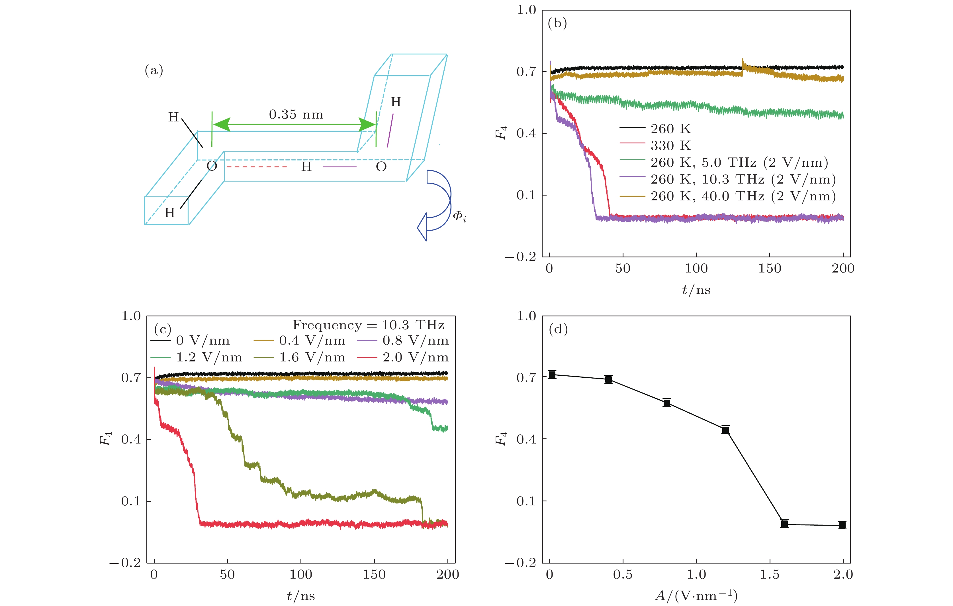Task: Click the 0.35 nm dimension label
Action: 296,115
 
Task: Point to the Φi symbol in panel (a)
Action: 459,216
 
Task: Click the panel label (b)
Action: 557,23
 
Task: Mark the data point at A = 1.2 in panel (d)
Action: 725,430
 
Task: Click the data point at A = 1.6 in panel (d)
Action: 784,524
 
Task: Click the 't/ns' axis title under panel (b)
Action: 696,290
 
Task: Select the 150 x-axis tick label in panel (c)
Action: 374,575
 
